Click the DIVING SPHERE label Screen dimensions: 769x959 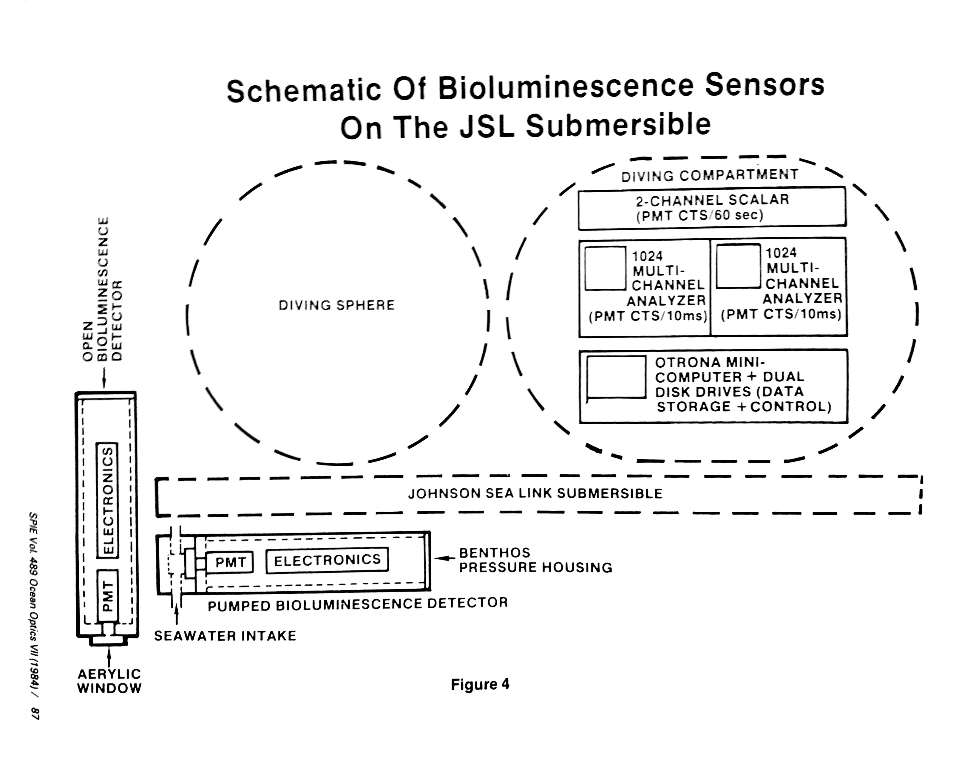(336, 306)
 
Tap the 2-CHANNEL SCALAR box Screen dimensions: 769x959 (712, 208)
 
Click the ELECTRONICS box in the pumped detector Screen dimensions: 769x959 (327, 560)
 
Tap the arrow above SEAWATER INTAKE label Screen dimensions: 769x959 (177, 616)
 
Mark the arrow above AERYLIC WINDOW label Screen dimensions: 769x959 (109, 657)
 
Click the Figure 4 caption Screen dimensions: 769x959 (480, 684)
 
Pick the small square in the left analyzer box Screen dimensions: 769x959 (605, 268)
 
